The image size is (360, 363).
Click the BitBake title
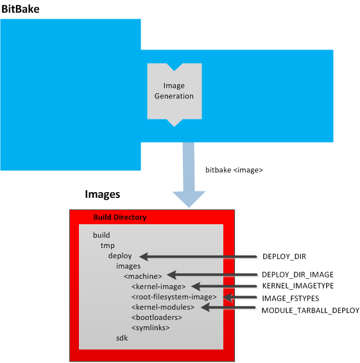click(21, 9)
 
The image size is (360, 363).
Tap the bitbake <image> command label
click(234, 170)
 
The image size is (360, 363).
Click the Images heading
click(103, 195)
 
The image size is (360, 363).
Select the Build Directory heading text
click(120, 217)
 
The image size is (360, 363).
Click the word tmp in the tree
click(108, 245)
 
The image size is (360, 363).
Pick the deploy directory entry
click(120, 256)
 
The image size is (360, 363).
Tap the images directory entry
click(128, 266)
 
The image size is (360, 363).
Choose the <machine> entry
click(143, 276)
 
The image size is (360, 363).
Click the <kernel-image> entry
click(159, 287)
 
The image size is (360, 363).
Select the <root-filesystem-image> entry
click(174, 297)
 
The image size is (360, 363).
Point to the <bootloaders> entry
click(157, 317)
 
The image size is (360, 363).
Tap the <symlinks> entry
click(151, 328)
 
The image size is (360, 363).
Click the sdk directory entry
click(122, 338)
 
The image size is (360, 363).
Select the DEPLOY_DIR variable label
click(284, 256)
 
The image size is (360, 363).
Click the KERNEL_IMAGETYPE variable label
click(298, 286)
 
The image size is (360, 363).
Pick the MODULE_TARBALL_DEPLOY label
click(311, 310)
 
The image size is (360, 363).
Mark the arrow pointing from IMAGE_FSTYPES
click(240, 297)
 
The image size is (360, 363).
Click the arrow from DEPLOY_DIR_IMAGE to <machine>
click(212, 275)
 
